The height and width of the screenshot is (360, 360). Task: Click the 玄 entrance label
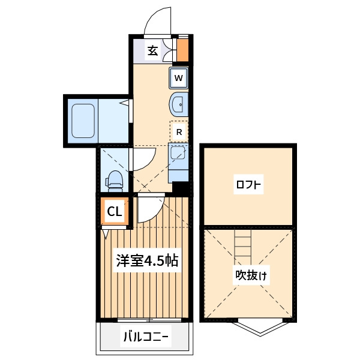(152, 50)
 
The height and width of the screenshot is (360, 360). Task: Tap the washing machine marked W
(179, 78)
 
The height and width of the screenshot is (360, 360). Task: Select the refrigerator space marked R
(179, 132)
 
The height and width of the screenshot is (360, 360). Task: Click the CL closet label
(115, 211)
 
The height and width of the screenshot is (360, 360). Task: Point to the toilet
(114, 181)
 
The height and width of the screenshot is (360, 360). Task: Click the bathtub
(83, 121)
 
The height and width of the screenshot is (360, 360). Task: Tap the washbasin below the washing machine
(179, 104)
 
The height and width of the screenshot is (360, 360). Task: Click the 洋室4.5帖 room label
(147, 261)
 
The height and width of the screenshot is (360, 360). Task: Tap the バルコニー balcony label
(146, 337)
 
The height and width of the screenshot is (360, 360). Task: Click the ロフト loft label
(248, 185)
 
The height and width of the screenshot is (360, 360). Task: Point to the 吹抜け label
(251, 275)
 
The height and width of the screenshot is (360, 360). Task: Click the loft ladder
(243, 246)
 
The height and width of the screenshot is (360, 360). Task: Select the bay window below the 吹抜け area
(260, 326)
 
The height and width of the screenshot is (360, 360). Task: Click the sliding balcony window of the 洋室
(149, 320)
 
